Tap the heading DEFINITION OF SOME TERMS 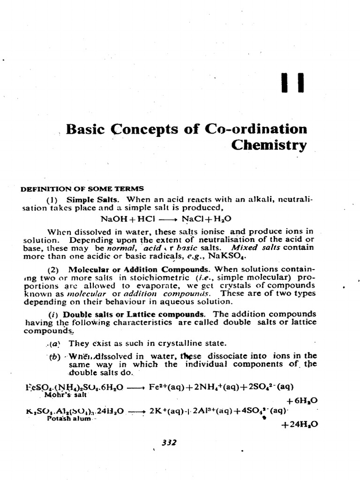[82, 189]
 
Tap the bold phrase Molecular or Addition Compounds [138, 270]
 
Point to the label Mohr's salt [63, 394]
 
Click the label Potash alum [68, 419]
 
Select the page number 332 [168, 442]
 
